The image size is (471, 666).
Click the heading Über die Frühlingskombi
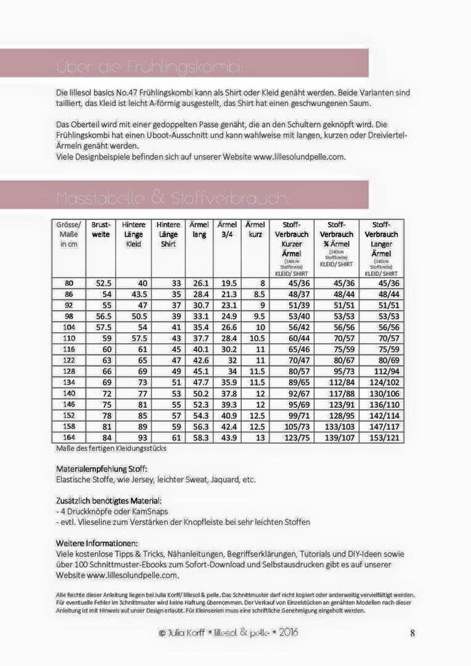[x=149, y=68]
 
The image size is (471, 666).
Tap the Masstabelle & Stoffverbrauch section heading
[x=171, y=198]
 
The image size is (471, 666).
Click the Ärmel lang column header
[x=200, y=230]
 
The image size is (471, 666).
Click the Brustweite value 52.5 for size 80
[x=104, y=283]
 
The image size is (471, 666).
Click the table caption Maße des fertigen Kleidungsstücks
[x=110, y=448]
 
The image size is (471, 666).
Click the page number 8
[x=413, y=632]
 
